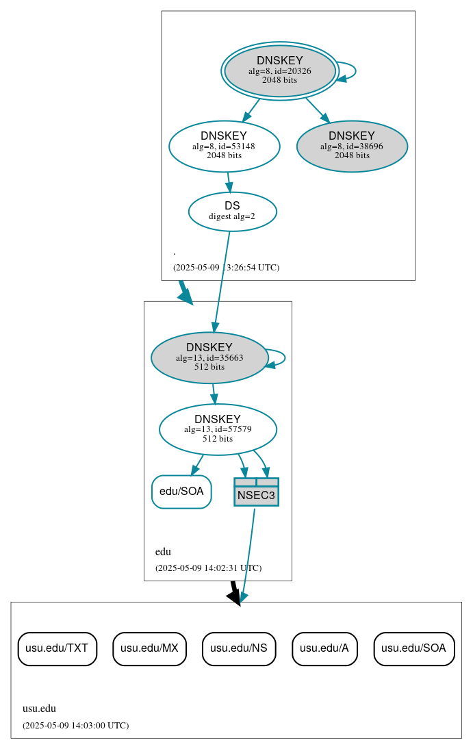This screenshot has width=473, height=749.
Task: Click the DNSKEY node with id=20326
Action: pos(279,71)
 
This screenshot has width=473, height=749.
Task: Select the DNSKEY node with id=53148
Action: pos(224,145)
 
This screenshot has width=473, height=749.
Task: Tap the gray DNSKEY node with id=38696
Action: pos(352,145)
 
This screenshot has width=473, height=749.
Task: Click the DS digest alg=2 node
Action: pos(232,211)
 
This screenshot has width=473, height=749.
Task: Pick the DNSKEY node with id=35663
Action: pos(209,357)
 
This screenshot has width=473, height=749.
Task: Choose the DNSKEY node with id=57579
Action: pos(218,429)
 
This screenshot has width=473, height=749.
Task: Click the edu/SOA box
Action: pos(181,492)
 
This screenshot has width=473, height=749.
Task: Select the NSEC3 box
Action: pos(256,492)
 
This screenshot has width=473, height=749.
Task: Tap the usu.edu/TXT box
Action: pos(57,648)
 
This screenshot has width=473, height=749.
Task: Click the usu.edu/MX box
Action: pos(149,648)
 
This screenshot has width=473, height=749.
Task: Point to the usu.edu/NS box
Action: pos(239,648)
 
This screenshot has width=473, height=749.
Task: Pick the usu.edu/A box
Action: pos(324,648)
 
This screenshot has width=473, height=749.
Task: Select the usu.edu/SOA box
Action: pos(413,648)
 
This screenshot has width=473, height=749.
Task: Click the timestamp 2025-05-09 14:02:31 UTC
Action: pos(208,568)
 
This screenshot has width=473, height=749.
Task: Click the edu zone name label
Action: pos(163,552)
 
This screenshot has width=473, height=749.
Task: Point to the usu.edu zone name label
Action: pos(39,709)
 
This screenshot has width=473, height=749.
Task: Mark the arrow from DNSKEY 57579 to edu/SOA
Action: pos(197,465)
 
